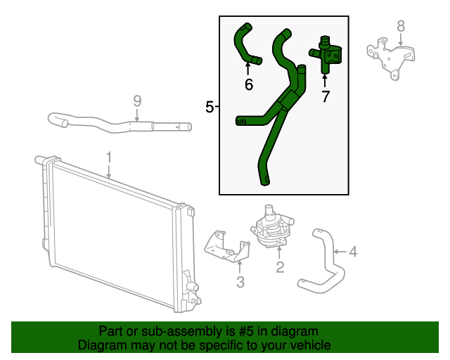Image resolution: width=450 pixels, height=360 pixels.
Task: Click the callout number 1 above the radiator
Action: pos(109,155)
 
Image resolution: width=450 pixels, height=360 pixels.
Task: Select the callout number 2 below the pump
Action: pos(280,266)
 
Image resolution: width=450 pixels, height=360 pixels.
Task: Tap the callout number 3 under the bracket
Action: pos(240,283)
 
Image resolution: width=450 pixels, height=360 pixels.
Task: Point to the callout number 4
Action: pos(353,251)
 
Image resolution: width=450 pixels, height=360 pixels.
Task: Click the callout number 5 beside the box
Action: pos(210,107)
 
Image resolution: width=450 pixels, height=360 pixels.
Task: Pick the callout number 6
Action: pos(248,85)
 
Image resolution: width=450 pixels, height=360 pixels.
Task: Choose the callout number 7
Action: pos(325,97)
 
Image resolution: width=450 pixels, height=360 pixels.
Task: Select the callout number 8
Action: pos(401,27)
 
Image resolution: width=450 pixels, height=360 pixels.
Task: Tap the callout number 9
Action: pos(137,101)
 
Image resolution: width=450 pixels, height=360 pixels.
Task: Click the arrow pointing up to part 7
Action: pos(325,79)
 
